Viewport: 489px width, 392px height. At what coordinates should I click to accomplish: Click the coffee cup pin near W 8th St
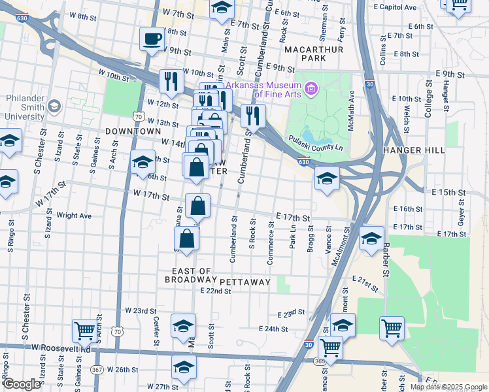[152, 39]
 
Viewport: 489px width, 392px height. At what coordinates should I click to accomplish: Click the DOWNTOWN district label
[133, 131]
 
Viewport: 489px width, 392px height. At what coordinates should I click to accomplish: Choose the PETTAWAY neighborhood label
[245, 282]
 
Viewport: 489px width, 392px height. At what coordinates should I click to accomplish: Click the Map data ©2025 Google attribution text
[448, 387]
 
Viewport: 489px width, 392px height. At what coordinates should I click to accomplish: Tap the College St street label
[429, 101]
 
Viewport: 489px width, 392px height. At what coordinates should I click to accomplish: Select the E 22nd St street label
[216, 291]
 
